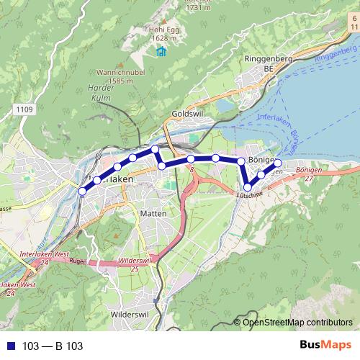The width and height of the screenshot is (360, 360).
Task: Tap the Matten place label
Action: (153, 214)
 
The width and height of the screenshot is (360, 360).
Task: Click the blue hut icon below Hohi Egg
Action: (160, 51)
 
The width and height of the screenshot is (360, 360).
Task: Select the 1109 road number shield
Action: (23, 109)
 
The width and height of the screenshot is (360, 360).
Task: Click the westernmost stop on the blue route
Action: (82, 192)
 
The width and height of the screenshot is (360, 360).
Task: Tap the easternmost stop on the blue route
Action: (278, 163)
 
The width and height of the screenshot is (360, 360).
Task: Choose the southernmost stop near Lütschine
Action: (248, 187)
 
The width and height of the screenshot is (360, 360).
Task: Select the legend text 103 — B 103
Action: (53, 346)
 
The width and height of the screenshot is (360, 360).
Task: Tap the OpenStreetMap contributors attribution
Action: (297, 323)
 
